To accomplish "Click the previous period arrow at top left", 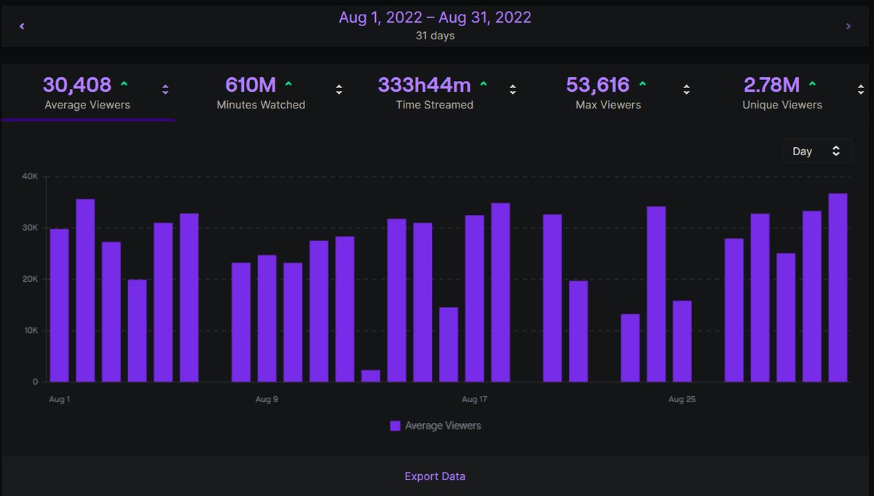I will click(x=22, y=26).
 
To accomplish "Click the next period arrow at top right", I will click(x=849, y=26).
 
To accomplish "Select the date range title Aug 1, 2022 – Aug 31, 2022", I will click(x=435, y=17).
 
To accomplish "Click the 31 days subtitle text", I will click(x=435, y=36).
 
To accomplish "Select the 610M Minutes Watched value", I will click(x=251, y=85).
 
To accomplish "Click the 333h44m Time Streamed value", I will click(x=424, y=85).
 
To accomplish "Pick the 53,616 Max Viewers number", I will click(x=597, y=85).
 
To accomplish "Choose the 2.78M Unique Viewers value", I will click(x=772, y=85).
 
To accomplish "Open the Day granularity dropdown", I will click(x=817, y=151).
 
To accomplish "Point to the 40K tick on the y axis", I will click(x=30, y=176).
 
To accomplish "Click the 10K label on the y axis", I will click(x=30, y=331).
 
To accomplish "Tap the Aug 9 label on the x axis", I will click(x=267, y=399).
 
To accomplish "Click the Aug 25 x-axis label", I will click(x=682, y=399).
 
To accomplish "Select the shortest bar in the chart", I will click(x=371, y=376).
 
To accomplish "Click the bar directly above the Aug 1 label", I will click(x=59, y=306).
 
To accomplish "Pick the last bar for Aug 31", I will click(x=838, y=288).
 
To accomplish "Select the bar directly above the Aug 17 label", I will click(x=474, y=299).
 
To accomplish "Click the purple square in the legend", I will click(x=395, y=426).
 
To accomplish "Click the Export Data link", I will click(x=435, y=476).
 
